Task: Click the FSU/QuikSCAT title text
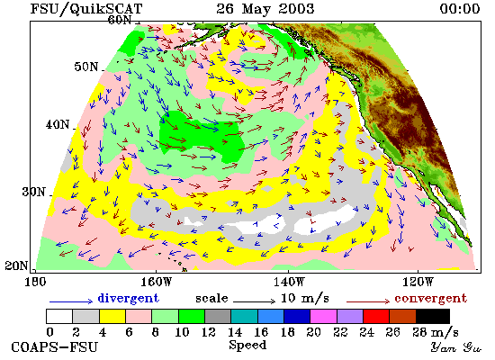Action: point(86,9)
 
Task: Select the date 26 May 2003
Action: point(265,8)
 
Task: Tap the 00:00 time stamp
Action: point(460,8)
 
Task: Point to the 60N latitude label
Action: point(120,20)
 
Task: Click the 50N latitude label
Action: point(86,67)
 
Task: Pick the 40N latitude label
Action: point(58,124)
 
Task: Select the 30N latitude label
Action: point(33,192)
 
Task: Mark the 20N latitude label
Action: point(16,265)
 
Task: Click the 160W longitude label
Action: point(156,282)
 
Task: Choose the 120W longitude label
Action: point(418,282)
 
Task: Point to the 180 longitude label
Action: point(35,282)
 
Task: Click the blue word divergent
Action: point(128,298)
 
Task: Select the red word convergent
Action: point(430,299)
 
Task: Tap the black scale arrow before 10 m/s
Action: point(254,301)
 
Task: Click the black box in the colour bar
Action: point(433,317)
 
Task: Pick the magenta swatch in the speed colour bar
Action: point(324,317)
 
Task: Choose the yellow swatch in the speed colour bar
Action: point(112,317)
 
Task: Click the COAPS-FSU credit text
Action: point(54,346)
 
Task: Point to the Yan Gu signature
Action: point(456,347)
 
